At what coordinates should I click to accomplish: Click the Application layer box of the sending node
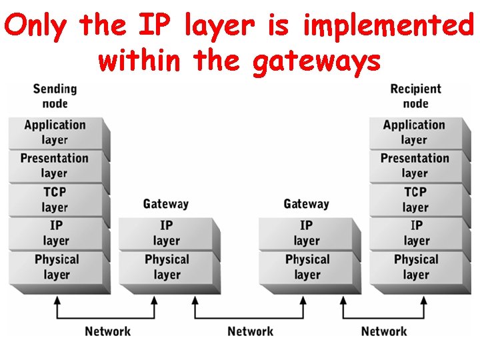(x=55, y=133)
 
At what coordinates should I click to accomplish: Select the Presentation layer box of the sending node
(x=55, y=166)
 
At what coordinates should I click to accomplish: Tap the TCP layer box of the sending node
(x=55, y=199)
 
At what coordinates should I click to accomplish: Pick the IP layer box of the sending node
(x=56, y=233)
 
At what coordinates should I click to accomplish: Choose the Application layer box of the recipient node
(x=414, y=133)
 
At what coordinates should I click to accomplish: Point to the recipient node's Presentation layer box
(x=415, y=166)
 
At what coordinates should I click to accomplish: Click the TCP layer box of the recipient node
(x=415, y=199)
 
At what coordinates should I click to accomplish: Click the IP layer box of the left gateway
(x=167, y=233)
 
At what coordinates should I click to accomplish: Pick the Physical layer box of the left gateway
(x=167, y=267)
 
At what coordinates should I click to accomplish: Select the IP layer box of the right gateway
(x=307, y=233)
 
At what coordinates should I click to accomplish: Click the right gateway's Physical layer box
(x=307, y=267)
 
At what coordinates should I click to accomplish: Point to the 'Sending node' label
(x=55, y=96)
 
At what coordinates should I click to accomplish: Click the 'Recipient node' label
(x=415, y=96)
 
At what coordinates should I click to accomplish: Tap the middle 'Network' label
(x=250, y=331)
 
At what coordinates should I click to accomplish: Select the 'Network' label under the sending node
(x=107, y=331)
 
